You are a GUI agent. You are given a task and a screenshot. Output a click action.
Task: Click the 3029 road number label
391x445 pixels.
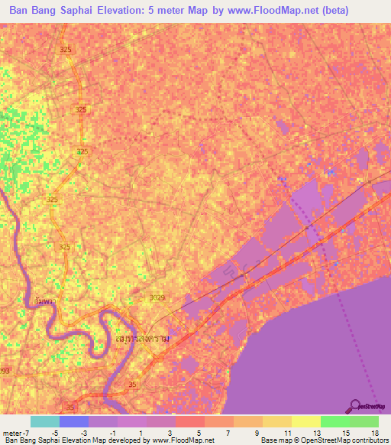pos(157,297)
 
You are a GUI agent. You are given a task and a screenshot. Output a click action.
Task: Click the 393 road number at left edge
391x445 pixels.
pos(5,371)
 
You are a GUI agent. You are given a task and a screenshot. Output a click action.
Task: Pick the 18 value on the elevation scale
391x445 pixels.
pos(374,433)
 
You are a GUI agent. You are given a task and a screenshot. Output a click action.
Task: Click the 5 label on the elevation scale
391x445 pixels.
pos(200,433)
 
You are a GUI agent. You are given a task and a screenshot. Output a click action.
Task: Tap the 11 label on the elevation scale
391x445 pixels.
pos(286,433)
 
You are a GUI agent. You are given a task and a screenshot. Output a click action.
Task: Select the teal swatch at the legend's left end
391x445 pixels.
pos(45,421)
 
